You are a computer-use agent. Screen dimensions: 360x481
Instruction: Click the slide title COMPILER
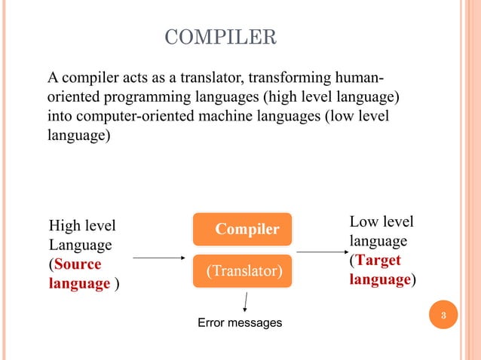220,36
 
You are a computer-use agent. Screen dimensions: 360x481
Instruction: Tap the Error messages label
240,323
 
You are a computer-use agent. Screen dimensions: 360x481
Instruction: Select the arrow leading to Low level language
320,252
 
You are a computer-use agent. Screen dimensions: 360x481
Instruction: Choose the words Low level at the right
381,221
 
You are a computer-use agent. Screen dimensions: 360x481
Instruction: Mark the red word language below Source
78,285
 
